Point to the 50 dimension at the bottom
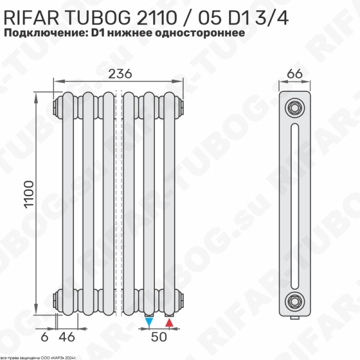pyautogui.click(x=158, y=337)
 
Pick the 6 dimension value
pyautogui.click(x=44, y=337)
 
